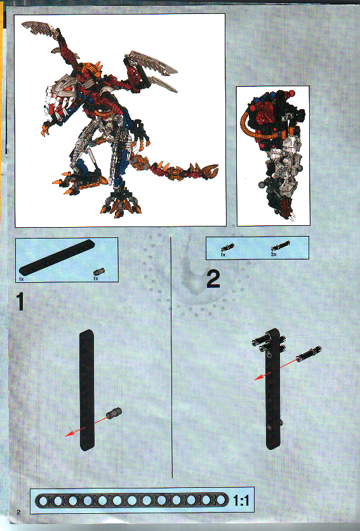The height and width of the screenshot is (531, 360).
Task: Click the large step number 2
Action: (213, 279)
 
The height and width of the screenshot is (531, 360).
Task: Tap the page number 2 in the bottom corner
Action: (20, 511)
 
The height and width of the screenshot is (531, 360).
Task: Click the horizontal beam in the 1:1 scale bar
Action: (133, 501)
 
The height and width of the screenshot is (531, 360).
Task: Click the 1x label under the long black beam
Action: (21, 279)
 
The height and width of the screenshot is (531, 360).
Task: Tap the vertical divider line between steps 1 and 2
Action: (172, 355)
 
